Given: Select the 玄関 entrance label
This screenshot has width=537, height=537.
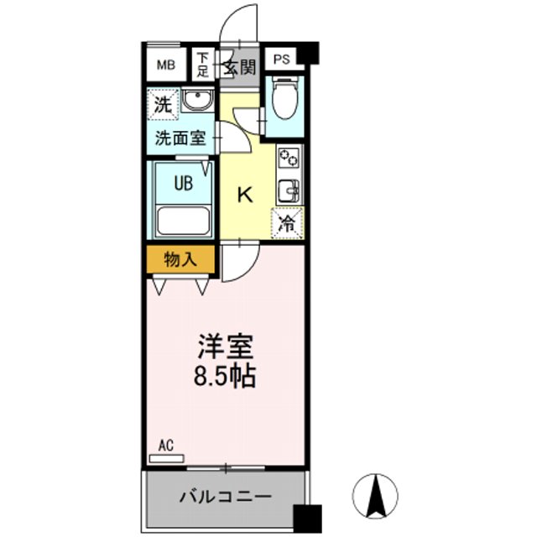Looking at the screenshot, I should [238, 67].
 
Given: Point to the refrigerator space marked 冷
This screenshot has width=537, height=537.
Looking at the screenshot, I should [287, 224].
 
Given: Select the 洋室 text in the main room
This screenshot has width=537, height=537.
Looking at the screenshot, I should [226, 347].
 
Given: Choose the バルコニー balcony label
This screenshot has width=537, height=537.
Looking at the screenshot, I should [225, 497].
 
